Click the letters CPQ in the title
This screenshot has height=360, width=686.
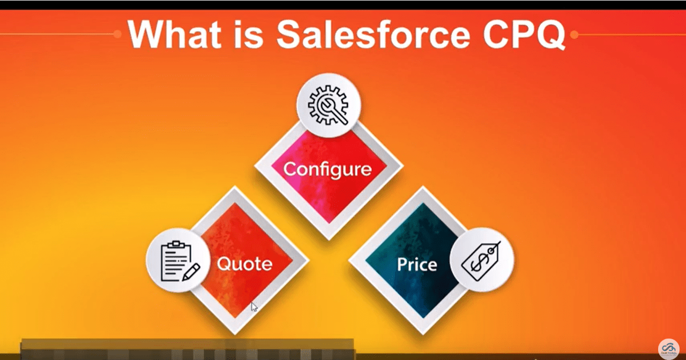(523, 35)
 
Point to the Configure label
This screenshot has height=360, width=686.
(327, 169)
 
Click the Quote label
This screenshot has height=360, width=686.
(244, 264)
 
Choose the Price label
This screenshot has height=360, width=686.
(417, 264)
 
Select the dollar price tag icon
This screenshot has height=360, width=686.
(481, 260)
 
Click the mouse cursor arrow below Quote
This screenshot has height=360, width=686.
(253, 306)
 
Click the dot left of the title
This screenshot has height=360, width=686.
(117, 34)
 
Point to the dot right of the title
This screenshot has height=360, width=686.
(574, 35)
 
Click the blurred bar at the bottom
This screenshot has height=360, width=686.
(188, 349)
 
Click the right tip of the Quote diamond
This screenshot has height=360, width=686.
(308, 261)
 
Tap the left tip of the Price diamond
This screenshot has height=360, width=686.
(350, 261)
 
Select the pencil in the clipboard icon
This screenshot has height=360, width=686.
(190, 271)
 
